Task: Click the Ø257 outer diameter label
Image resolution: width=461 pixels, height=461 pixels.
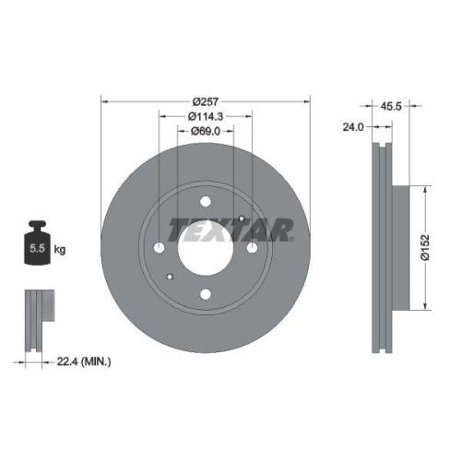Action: point(205,101)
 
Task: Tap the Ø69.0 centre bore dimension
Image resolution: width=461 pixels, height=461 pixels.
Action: point(205,133)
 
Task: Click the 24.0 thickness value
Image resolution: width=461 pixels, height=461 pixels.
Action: point(352,128)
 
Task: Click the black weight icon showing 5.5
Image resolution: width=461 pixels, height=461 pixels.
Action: point(38,244)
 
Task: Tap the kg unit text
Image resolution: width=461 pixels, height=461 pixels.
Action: point(60,249)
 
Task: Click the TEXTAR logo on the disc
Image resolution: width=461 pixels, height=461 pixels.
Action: point(230,229)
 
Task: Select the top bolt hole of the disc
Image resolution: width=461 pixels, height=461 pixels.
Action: point(205,202)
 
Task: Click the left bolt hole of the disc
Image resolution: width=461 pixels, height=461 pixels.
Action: point(159,248)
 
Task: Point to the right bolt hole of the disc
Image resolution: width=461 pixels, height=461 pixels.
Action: point(251,247)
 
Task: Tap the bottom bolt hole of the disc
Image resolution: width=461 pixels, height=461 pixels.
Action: point(205,293)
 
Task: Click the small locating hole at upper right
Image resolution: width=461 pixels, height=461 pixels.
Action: point(241,218)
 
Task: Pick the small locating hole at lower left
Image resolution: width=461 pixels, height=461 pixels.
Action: point(169,277)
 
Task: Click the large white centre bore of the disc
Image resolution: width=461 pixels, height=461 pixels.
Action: point(205,247)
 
